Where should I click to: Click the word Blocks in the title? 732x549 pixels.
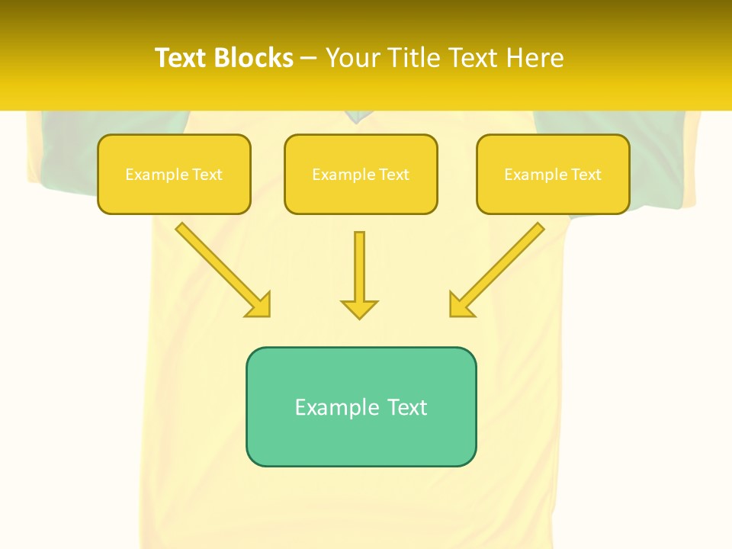[x=253, y=58]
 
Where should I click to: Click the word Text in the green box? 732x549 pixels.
[x=407, y=407]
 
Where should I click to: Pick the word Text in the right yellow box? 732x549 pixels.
[x=586, y=175]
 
